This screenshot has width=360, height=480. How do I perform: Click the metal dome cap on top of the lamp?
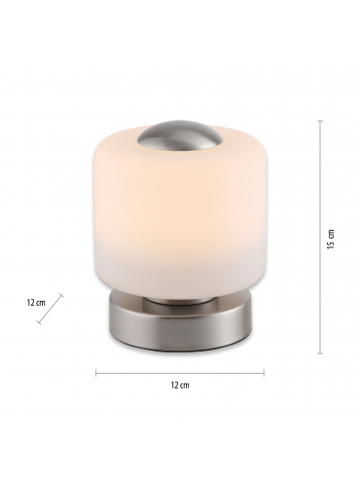[180, 136]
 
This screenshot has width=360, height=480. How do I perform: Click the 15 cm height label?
[331, 240]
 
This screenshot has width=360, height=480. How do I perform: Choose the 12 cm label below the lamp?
[180, 386]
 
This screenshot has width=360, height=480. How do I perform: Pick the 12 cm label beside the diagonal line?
[36, 303]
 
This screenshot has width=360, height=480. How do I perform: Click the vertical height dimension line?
[320, 237]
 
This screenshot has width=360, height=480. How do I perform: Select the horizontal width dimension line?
[180, 373]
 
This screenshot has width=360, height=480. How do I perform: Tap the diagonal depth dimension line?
[51, 309]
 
